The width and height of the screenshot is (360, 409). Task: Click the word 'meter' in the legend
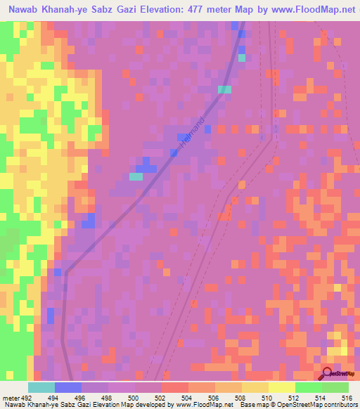click(9, 396)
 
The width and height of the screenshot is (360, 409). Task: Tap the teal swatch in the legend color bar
click(41, 387)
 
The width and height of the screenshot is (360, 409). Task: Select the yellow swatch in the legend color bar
click(281, 387)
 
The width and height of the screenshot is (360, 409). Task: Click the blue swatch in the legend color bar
click(67, 387)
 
